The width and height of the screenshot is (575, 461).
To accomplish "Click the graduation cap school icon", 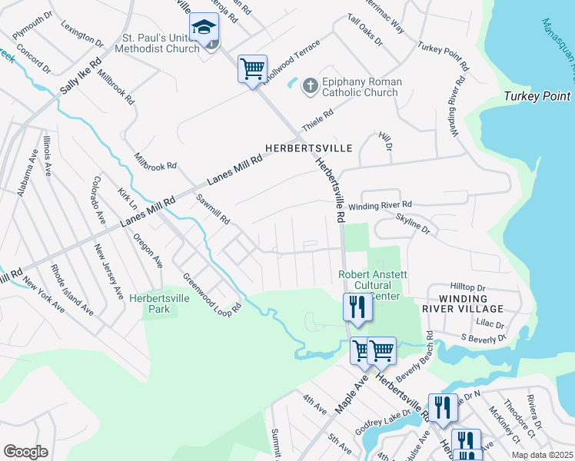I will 204,28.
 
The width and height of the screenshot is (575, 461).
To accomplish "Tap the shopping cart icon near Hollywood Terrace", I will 252,69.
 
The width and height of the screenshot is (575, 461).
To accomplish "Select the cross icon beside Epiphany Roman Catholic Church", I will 310,85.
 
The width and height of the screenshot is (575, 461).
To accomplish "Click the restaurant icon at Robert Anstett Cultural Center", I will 357,307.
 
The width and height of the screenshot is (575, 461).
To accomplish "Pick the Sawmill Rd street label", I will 213,208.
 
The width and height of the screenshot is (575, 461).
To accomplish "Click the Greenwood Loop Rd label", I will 212,293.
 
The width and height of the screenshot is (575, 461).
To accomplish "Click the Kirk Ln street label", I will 127,197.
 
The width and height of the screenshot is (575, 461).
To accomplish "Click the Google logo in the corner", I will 25,452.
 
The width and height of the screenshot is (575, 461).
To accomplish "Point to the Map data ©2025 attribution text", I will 542,455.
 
